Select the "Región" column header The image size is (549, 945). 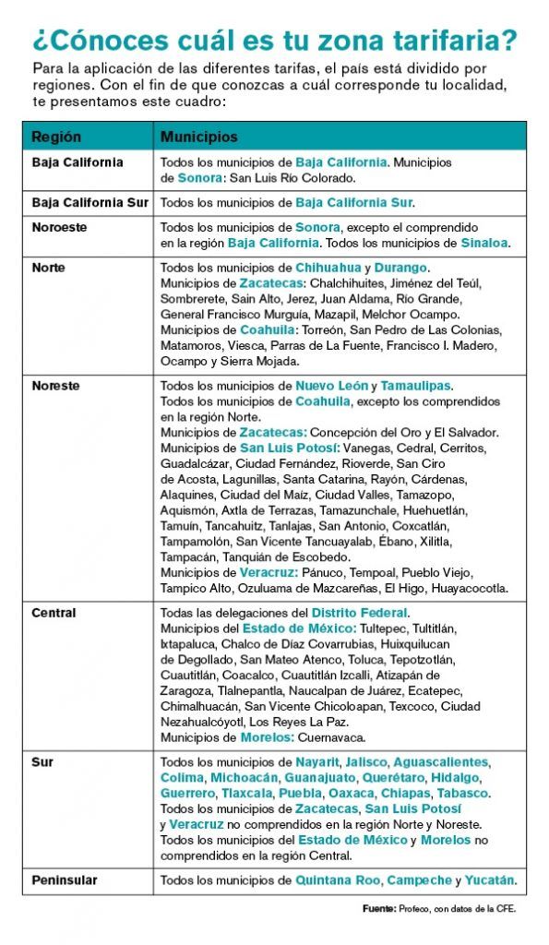(56, 137)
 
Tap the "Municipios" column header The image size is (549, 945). (198, 137)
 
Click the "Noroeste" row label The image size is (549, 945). (61, 227)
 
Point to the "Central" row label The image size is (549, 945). (54, 613)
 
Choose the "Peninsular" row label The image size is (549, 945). (65, 880)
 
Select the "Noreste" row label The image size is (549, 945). (55, 386)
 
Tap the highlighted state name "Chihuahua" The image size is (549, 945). (328, 268)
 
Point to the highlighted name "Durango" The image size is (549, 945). (401, 268)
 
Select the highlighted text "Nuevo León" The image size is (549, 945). (331, 386)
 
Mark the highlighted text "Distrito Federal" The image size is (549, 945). (359, 613)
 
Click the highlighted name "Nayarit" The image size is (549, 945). (317, 762)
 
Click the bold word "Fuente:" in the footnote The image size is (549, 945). (379, 908)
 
